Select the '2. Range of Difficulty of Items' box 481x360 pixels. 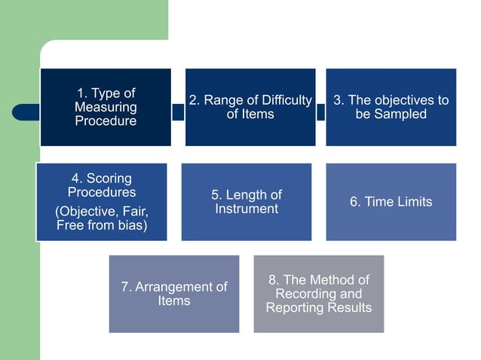click(x=250, y=107)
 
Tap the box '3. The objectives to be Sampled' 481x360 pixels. click(x=391, y=107)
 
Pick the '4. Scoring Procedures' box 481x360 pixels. click(x=101, y=202)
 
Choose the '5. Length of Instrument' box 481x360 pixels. click(x=246, y=202)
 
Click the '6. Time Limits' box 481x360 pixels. click(x=391, y=202)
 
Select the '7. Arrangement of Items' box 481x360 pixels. click(x=173, y=294)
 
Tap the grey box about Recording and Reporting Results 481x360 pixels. click(x=318, y=294)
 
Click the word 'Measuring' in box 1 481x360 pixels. click(x=106, y=107)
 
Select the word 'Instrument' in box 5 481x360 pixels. click(x=246, y=209)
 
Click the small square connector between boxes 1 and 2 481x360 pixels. click(x=178, y=111)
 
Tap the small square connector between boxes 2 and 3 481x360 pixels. click(x=320, y=111)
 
